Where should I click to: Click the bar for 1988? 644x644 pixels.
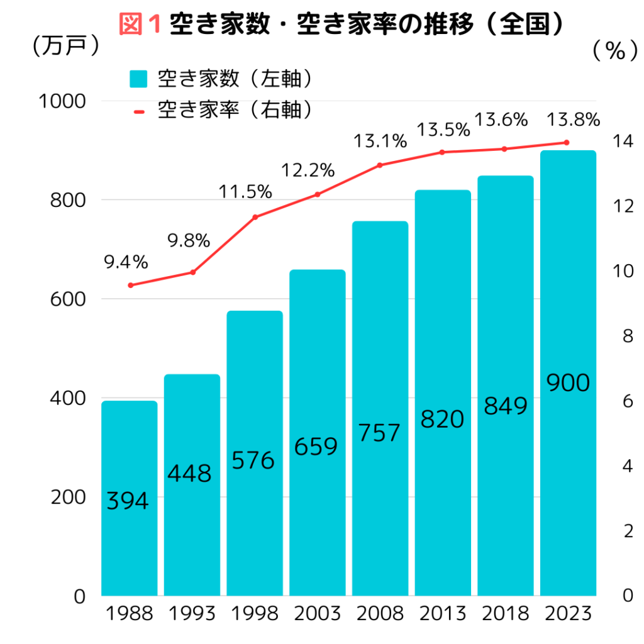(130, 497)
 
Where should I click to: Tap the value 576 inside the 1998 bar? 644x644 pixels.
(253, 461)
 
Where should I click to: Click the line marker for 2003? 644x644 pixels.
(318, 194)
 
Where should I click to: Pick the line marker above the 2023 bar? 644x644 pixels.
(567, 143)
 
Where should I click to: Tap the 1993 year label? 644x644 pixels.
(192, 614)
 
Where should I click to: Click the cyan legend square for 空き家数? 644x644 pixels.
(138, 80)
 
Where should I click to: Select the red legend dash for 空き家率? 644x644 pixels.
(139, 112)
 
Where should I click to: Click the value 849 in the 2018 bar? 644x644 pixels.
(505, 406)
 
